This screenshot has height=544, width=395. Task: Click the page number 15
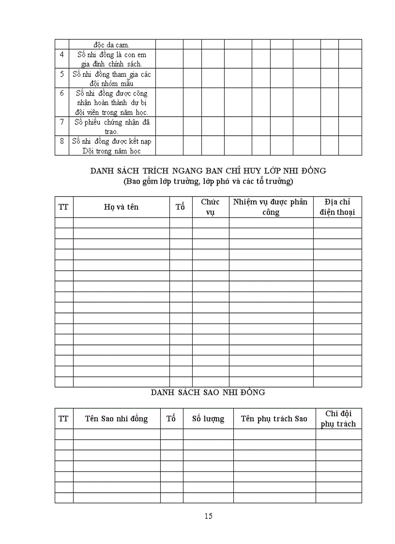[x=208, y=516]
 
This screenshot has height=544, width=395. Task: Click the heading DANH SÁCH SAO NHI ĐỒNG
[x=208, y=392]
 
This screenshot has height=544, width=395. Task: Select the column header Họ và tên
[x=121, y=207]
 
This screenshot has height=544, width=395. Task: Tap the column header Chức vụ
[x=210, y=207]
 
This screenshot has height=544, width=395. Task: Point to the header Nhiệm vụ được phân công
[x=271, y=207]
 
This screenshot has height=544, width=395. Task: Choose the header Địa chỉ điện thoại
[x=337, y=207]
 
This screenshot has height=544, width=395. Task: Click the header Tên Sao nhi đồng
[x=116, y=419]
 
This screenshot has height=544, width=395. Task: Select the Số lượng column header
[x=208, y=419]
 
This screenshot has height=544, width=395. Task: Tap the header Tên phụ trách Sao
[x=274, y=419]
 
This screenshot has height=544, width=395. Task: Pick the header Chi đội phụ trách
[x=338, y=419]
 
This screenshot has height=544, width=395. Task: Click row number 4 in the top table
[x=62, y=55]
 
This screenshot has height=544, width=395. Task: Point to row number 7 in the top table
[x=62, y=122]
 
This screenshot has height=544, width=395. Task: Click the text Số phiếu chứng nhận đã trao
[x=111, y=126]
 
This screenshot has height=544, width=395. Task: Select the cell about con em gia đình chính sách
[x=111, y=59]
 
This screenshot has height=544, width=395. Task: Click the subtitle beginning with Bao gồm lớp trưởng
[x=208, y=182]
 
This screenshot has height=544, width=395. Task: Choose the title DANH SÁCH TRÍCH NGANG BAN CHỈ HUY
[x=208, y=171]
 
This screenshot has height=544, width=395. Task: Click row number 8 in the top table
[x=62, y=141]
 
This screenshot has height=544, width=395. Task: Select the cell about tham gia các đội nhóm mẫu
[x=111, y=78]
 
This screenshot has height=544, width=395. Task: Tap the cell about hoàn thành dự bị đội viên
[x=111, y=102]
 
